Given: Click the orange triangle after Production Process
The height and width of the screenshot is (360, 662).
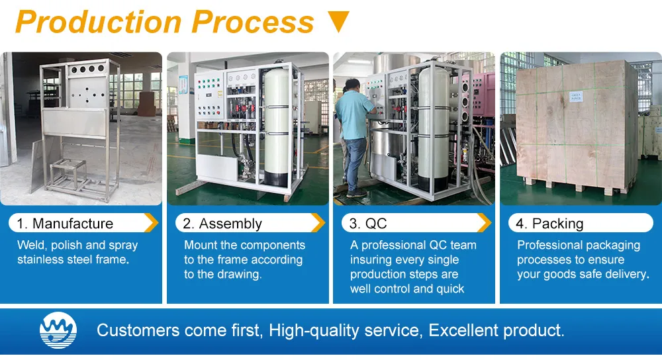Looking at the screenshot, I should coord(338,22).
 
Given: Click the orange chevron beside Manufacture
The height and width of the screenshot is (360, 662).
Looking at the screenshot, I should coord(151,223).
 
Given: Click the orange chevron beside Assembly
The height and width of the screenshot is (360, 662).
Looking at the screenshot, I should coord(318,223).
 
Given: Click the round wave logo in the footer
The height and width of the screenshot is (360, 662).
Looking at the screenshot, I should coord(58,330).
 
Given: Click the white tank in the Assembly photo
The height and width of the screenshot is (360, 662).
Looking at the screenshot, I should coord(277,126).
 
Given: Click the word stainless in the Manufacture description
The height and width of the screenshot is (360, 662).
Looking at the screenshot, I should coord(42,259).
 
